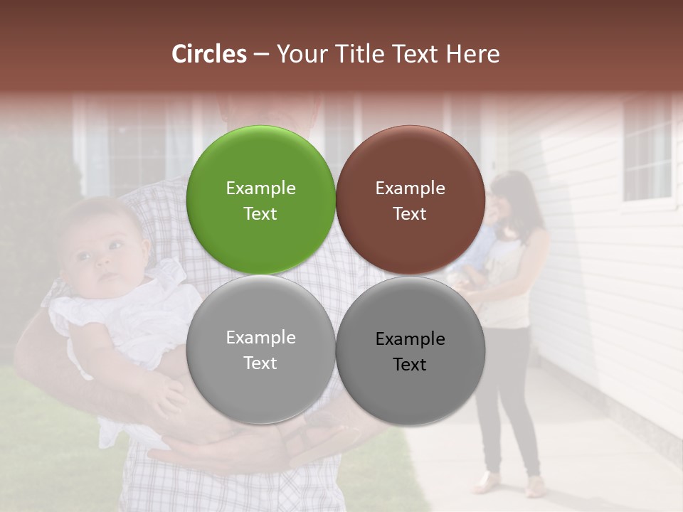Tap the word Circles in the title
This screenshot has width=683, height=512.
point(209,54)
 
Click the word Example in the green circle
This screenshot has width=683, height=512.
point(260,188)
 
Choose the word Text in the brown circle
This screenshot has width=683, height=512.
point(410,214)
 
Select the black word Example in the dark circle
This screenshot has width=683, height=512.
point(410,338)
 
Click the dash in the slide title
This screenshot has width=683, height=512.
point(261,54)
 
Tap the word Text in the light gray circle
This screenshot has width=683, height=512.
point(260,363)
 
